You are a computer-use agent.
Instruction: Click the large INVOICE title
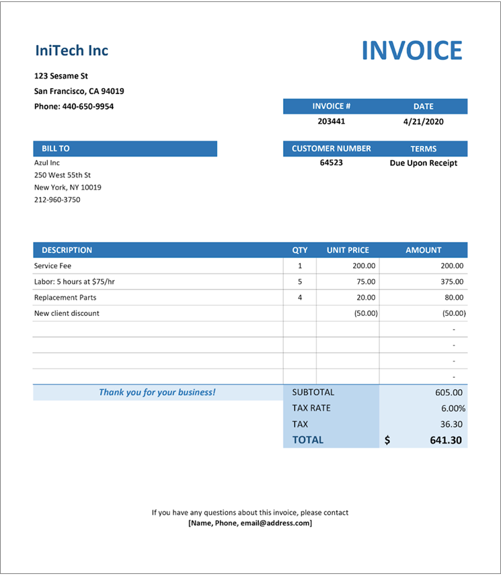pos(412,51)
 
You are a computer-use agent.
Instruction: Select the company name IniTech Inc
pos(71,50)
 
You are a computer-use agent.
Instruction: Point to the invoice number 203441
pos(332,122)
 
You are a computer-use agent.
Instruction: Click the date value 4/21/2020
pos(424,122)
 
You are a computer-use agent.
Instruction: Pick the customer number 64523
pos(332,163)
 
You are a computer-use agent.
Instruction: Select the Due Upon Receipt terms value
pos(424,163)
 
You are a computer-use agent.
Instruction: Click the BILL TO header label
pos(56,149)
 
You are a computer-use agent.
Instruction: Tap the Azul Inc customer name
pos(47,163)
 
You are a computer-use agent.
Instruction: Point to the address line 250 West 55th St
pos(63,175)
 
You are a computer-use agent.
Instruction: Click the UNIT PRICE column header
pos(348,250)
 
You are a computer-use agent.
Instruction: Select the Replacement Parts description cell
pos(65,297)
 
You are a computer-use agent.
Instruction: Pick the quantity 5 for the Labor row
pos(300,282)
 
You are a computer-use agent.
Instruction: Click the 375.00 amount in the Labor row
pos(452,282)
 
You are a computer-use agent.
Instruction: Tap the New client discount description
pos(67,313)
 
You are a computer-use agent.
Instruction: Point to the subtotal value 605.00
pos(449,392)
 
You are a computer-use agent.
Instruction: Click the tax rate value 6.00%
pos(452,408)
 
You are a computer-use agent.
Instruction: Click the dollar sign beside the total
pos(387,440)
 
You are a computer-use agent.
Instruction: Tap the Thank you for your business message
pos(157,392)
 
